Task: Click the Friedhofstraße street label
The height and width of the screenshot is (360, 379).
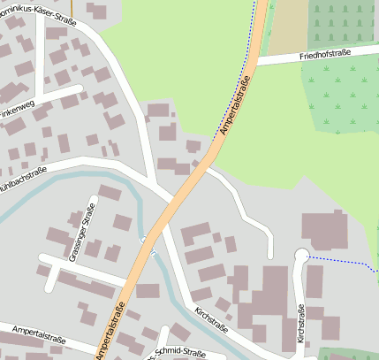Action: [x=325, y=55]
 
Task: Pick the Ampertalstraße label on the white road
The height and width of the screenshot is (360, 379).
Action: [x=41, y=335]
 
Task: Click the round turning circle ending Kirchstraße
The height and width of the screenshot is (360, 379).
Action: [x=300, y=256]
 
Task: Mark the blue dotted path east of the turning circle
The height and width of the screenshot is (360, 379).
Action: [x=340, y=262]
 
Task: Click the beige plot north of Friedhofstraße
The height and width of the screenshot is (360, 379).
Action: [x=284, y=31]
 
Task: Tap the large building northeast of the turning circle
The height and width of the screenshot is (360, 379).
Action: [x=324, y=229]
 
